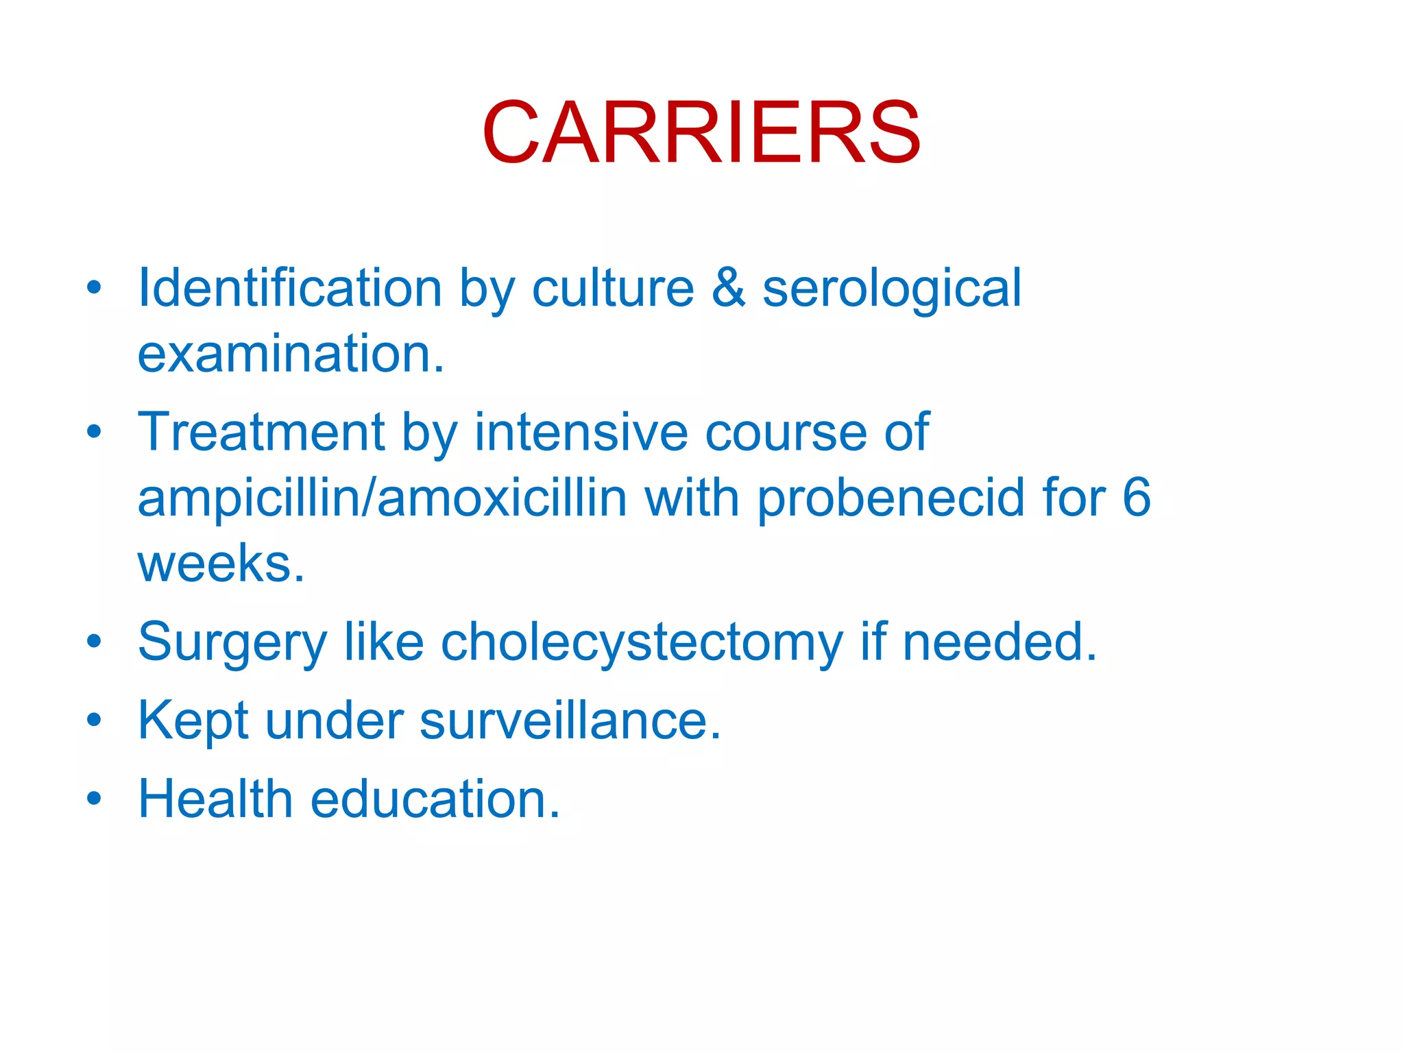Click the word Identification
[x=290, y=288]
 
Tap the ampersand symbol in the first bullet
[x=728, y=288]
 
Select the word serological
[x=892, y=289]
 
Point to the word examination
[x=291, y=354]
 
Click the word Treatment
[x=261, y=432]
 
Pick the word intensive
[x=581, y=432]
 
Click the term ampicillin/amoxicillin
[x=383, y=498]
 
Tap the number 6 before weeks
[x=1137, y=498]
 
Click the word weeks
[x=221, y=564]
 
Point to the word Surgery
[x=232, y=643]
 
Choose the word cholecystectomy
[x=642, y=643]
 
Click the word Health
[x=216, y=799]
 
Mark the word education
[x=435, y=799]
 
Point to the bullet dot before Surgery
[x=95, y=642]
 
